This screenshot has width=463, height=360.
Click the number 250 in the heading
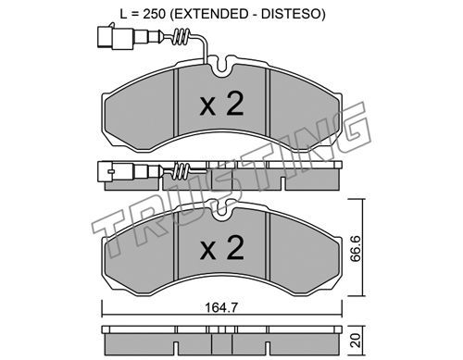tap(154, 14)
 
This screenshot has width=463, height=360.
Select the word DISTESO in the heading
tap(291, 14)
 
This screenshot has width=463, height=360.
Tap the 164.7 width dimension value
tap(221, 307)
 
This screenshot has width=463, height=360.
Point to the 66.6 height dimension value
tap(357, 248)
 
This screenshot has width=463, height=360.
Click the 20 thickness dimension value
tap(356, 340)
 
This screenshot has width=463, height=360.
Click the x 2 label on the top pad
tap(221, 104)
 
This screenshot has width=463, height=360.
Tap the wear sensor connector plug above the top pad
tap(115, 38)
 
